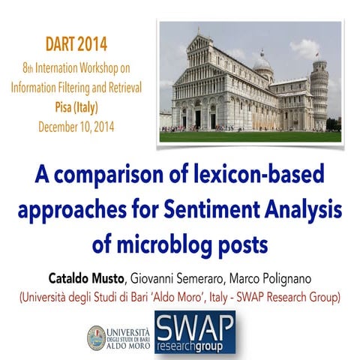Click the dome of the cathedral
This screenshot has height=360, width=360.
pos(262,67)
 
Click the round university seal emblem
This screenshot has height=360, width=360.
pos(97,337)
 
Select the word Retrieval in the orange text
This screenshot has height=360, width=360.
pos(118,87)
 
